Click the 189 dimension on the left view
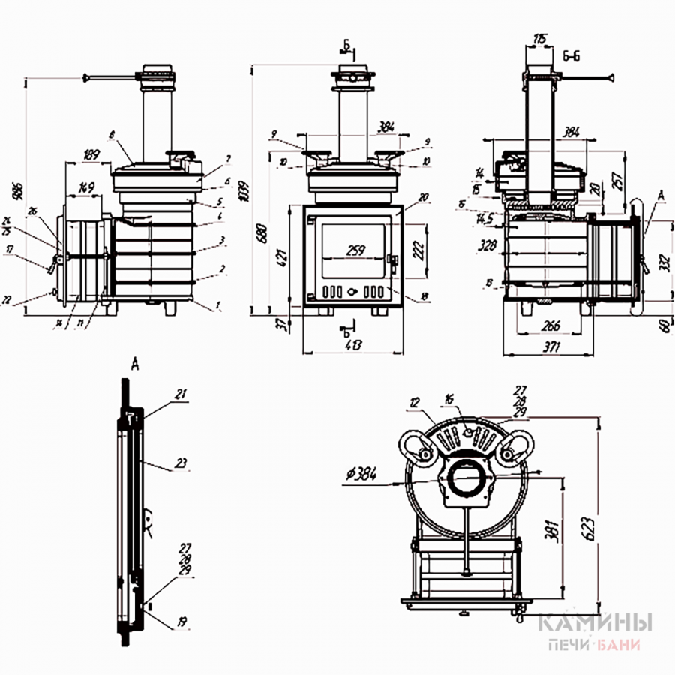[91, 154]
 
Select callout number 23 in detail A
[180, 463]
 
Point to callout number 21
[181, 393]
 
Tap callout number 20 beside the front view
[424, 196]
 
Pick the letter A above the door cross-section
[135, 365]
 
